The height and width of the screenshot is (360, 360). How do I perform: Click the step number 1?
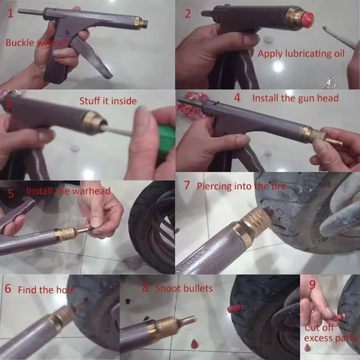coord(10,13)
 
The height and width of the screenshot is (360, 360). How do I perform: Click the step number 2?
coord(188,13)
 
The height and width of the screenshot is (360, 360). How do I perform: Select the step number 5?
coord(11,193)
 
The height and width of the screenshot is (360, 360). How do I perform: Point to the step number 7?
coord(187,185)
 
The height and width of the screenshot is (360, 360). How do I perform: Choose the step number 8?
coord(145,288)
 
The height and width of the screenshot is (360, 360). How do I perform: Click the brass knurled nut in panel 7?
coord(256,220)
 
